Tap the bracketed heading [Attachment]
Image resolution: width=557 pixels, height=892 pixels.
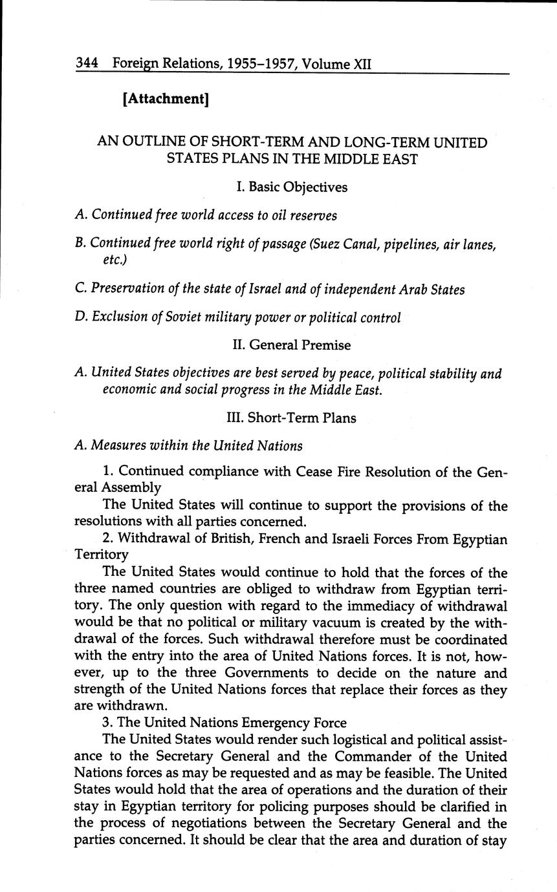pos(165,99)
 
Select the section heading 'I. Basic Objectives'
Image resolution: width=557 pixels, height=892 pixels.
pos(292,187)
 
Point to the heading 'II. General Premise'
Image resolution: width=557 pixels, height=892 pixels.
pos(291,345)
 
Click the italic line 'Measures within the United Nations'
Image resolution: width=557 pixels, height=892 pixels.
pos(197,445)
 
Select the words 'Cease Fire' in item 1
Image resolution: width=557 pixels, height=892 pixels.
pos(329,472)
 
